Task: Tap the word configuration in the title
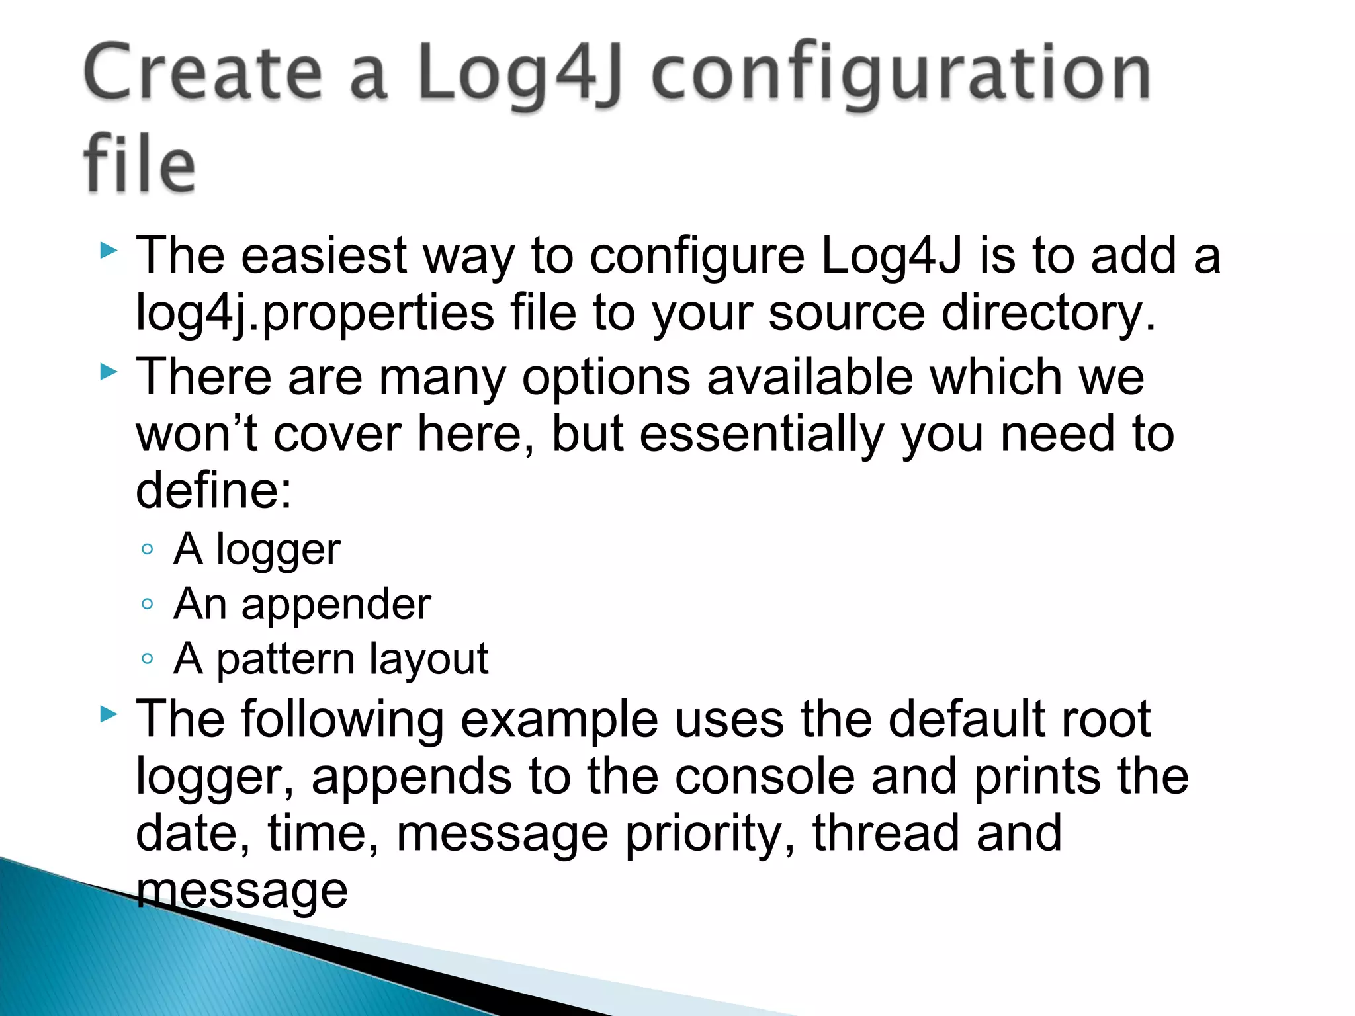(x=901, y=74)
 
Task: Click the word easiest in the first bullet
(x=324, y=255)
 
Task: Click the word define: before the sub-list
(x=214, y=490)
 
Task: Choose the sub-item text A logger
(x=257, y=549)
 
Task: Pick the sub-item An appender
(x=302, y=604)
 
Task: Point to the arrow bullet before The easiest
(x=108, y=251)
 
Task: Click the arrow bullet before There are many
(x=108, y=373)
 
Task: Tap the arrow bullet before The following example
(x=108, y=714)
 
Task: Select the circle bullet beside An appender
(x=148, y=604)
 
